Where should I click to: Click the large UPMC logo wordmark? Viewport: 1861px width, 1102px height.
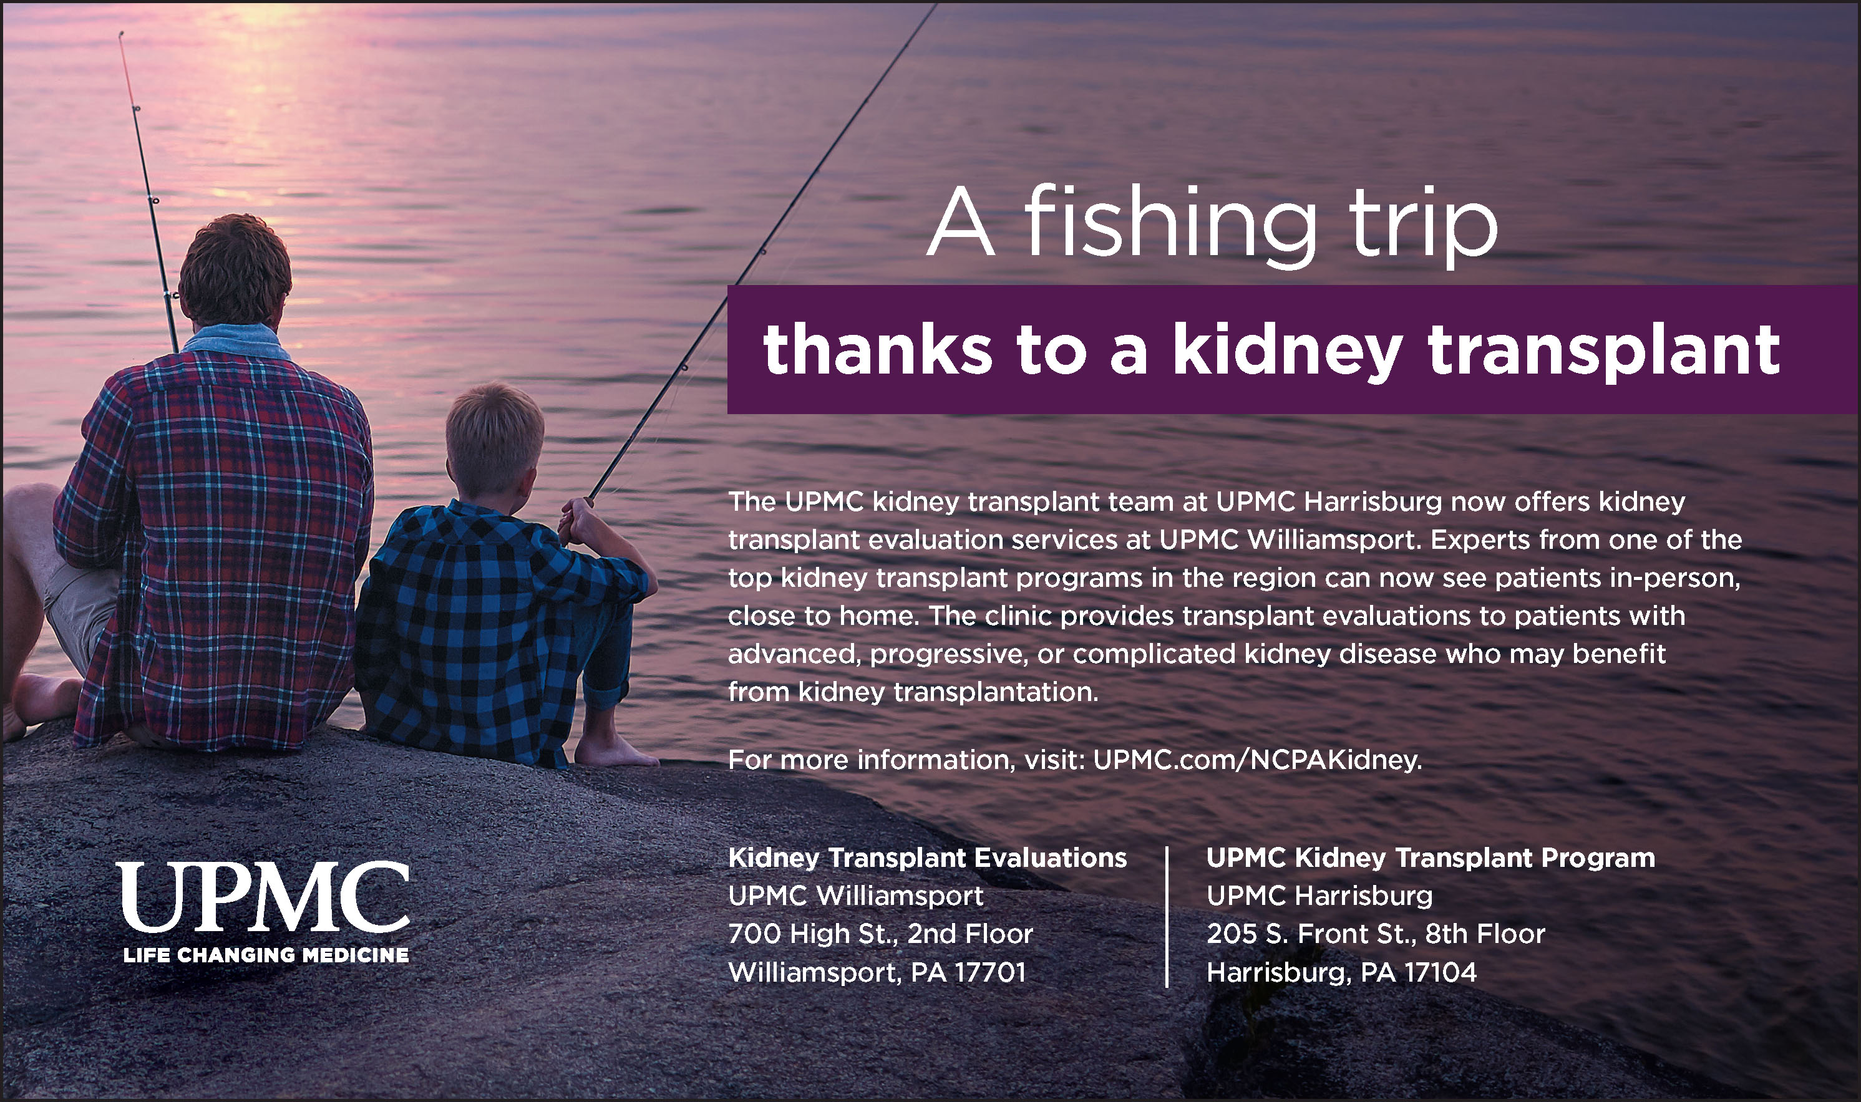[x=263, y=897]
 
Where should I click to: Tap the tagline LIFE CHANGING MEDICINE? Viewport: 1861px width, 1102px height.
[x=266, y=955]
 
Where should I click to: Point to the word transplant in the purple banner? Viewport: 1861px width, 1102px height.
[x=1604, y=349]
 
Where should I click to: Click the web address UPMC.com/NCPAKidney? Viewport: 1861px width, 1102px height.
[x=1257, y=760]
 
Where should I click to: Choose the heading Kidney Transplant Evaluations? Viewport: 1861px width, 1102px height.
[x=928, y=858]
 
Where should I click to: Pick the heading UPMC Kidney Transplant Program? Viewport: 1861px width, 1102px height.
[x=1431, y=858]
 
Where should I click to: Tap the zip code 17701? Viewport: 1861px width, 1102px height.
[x=989, y=972]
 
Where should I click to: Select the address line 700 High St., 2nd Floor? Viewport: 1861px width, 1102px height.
[x=881, y=934]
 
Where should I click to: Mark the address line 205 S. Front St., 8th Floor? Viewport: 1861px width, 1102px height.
[x=1376, y=934]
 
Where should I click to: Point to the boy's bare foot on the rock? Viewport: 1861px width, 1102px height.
[x=615, y=750]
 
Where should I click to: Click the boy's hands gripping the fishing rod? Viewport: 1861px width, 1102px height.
[x=578, y=520]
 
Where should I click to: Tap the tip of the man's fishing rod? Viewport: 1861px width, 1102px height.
[x=120, y=34]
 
